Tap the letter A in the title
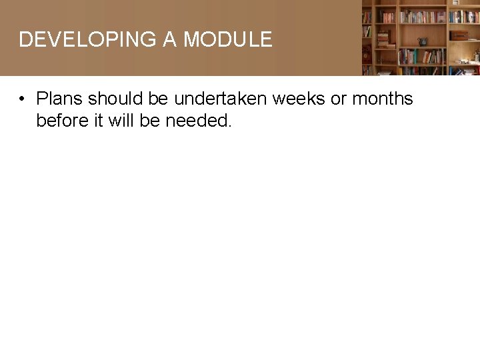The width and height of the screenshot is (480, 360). pos(170,39)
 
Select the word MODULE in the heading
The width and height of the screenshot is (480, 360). pos(228,39)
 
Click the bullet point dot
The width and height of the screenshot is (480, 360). pos(22,99)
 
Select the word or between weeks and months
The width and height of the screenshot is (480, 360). pos(339,99)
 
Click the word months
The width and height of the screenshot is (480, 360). pos(383,99)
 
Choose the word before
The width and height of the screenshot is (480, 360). pos(60,121)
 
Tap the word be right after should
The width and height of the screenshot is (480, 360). pos(159,99)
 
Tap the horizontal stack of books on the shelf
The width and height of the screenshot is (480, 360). pos(383,40)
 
